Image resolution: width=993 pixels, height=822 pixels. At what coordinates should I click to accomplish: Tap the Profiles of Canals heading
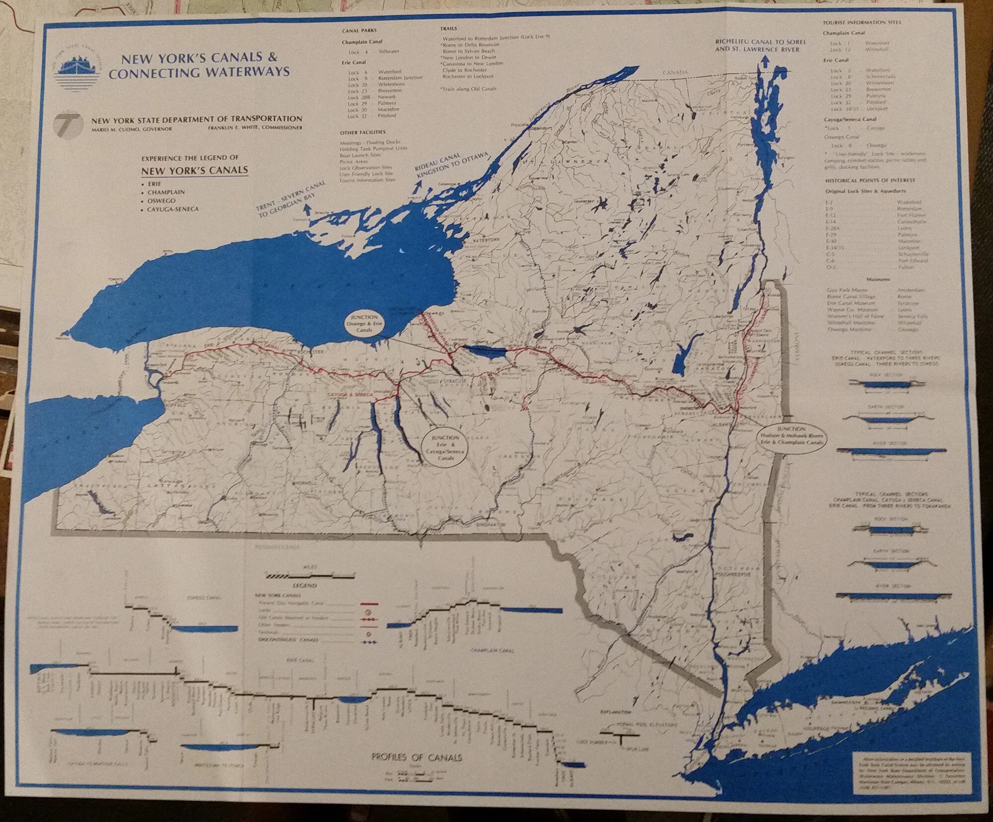pyautogui.click(x=417, y=757)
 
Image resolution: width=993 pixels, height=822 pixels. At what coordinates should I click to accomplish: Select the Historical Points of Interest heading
pyautogui.click(x=870, y=181)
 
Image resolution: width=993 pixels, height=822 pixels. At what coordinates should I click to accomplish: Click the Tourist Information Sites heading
pyautogui.click(x=861, y=22)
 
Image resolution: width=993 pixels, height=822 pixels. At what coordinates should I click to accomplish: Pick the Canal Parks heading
pyautogui.click(x=359, y=30)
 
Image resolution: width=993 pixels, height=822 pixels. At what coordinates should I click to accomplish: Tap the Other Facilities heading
pyautogui.click(x=362, y=133)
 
